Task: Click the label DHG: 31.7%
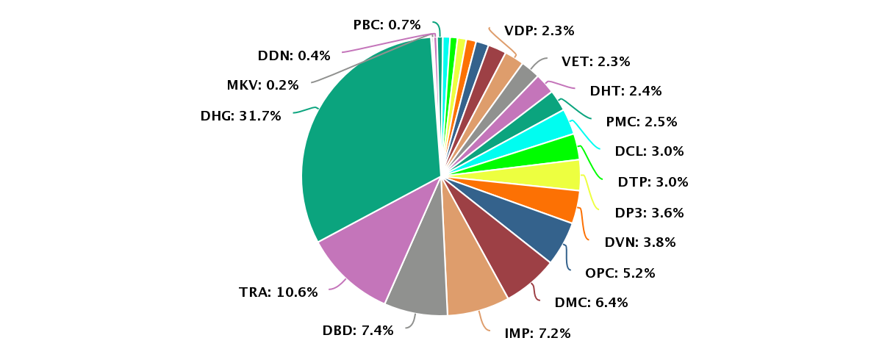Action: [x=240, y=116]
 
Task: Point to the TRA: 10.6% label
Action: [x=279, y=292]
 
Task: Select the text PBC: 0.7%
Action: [x=387, y=25]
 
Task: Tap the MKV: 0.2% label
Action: [x=262, y=85]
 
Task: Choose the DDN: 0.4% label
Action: [x=294, y=55]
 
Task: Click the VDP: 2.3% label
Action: [x=539, y=31]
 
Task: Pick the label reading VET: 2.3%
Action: [x=596, y=62]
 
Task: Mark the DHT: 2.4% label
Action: [x=625, y=91]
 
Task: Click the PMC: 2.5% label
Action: [x=642, y=121]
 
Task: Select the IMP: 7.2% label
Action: [x=537, y=333]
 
